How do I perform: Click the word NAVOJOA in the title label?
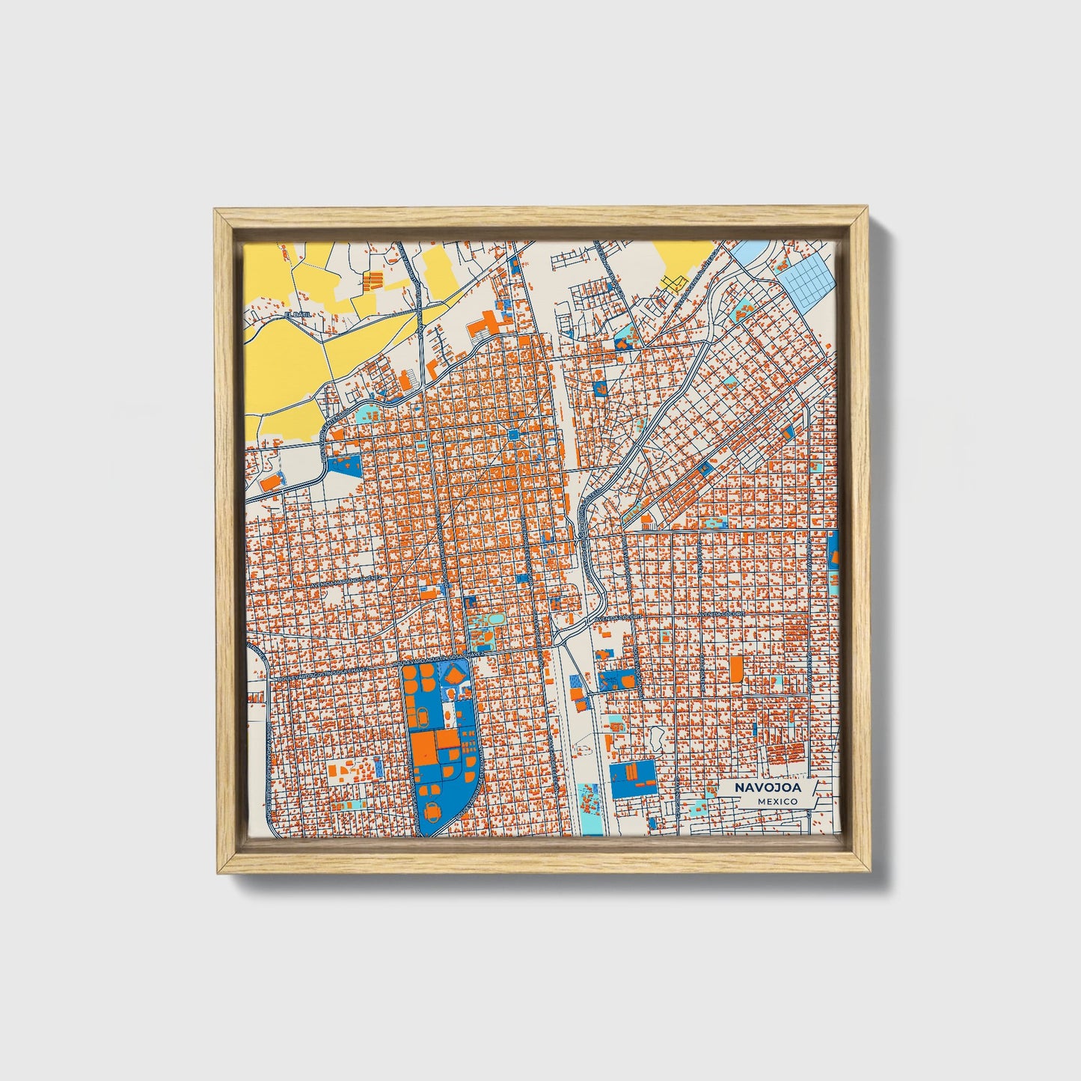pyautogui.click(x=767, y=788)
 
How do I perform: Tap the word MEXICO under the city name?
pyautogui.click(x=777, y=801)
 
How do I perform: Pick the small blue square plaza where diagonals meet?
pyautogui.click(x=513, y=435)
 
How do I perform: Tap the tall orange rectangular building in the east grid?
pyautogui.click(x=736, y=667)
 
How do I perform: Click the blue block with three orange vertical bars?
pyautogui.click(x=633, y=777)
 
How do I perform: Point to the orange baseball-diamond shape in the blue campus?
pyautogui.click(x=455, y=676)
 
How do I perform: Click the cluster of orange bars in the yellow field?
pyautogui.click(x=373, y=281)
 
